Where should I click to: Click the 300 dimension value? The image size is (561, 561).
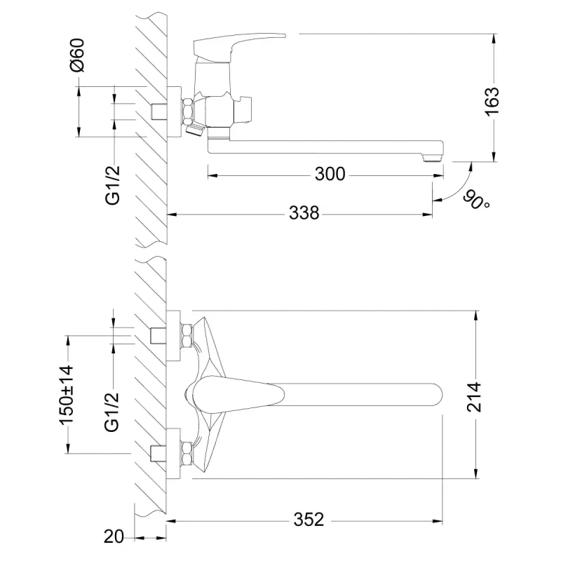click(330, 174)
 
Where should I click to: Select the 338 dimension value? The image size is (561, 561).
click(304, 213)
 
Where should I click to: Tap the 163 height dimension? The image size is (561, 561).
click(492, 101)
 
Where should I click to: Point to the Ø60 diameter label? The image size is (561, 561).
click(78, 55)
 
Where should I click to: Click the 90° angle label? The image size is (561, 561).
click(476, 200)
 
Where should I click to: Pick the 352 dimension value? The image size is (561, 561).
click(309, 520)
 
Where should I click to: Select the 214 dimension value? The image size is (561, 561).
click(475, 397)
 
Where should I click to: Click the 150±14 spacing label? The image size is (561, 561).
click(67, 395)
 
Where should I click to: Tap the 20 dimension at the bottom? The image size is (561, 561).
click(114, 536)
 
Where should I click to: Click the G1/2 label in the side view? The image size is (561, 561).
click(113, 185)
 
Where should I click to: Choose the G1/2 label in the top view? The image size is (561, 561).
click(112, 412)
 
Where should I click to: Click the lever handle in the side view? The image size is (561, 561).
click(239, 46)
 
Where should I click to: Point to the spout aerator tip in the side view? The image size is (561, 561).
click(432, 157)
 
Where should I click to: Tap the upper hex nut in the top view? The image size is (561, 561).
click(187, 335)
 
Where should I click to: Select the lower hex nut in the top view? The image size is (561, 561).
click(187, 453)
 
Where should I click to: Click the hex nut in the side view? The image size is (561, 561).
click(188, 111)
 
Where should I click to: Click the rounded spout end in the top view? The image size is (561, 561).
click(436, 395)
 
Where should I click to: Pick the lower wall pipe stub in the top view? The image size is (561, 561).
click(158, 453)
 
